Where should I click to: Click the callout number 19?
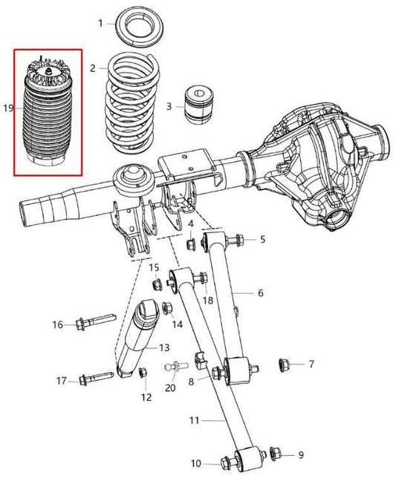pos(8,108)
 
